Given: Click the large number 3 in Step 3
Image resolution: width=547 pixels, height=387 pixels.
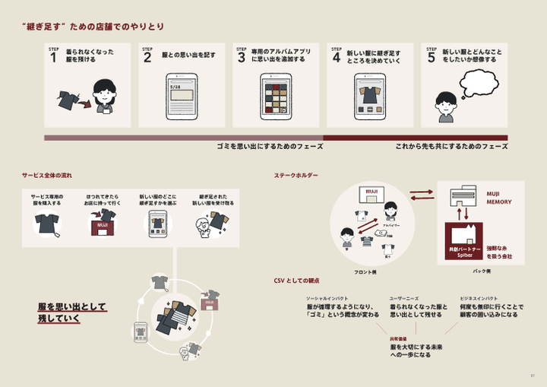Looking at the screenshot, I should click(x=242, y=57).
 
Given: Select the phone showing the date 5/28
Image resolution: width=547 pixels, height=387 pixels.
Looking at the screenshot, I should click(x=181, y=97).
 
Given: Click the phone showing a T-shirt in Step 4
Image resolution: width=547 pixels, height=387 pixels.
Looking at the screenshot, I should click(x=372, y=97).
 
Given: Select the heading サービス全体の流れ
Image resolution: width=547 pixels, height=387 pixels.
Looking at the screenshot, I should click(x=47, y=176).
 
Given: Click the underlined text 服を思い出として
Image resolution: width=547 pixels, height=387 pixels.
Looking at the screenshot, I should click(x=72, y=307).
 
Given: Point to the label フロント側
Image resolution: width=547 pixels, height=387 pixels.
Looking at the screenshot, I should click(x=365, y=271).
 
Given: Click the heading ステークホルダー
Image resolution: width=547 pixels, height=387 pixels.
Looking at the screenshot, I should click(x=296, y=176).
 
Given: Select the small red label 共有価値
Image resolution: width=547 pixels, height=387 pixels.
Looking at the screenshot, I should click(x=397, y=338).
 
